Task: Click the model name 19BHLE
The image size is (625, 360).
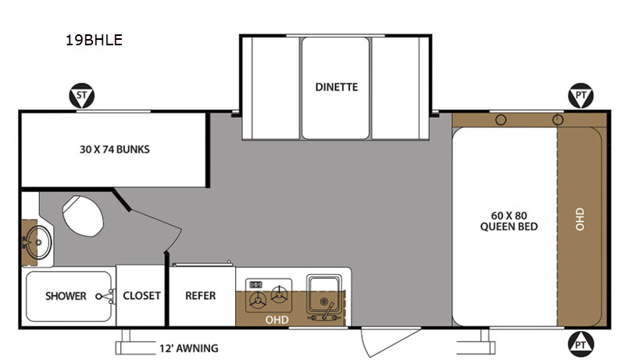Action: (x=94, y=40)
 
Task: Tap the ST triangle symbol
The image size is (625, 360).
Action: (x=82, y=95)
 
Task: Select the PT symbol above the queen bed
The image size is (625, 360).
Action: (x=580, y=95)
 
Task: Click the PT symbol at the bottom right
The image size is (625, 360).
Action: (x=580, y=344)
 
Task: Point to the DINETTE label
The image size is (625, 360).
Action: (x=337, y=87)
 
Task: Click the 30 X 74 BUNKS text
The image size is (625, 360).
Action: (x=114, y=149)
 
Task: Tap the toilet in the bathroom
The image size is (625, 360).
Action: (x=83, y=216)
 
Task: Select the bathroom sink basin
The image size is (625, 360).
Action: (x=38, y=242)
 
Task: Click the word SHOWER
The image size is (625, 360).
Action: (x=66, y=296)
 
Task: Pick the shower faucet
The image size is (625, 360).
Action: (x=105, y=296)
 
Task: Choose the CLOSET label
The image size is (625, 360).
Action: (x=141, y=295)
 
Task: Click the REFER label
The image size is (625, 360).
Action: (x=201, y=295)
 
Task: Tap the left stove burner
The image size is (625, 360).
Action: (x=258, y=299)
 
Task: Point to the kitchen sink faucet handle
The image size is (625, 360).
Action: (x=328, y=310)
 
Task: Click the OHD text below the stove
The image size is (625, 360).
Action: (x=277, y=319)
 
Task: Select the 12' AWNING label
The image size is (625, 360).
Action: (x=189, y=348)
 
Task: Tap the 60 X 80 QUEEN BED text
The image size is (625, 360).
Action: (x=509, y=221)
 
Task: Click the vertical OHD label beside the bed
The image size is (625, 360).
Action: (x=580, y=219)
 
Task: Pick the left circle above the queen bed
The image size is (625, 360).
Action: (x=501, y=119)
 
